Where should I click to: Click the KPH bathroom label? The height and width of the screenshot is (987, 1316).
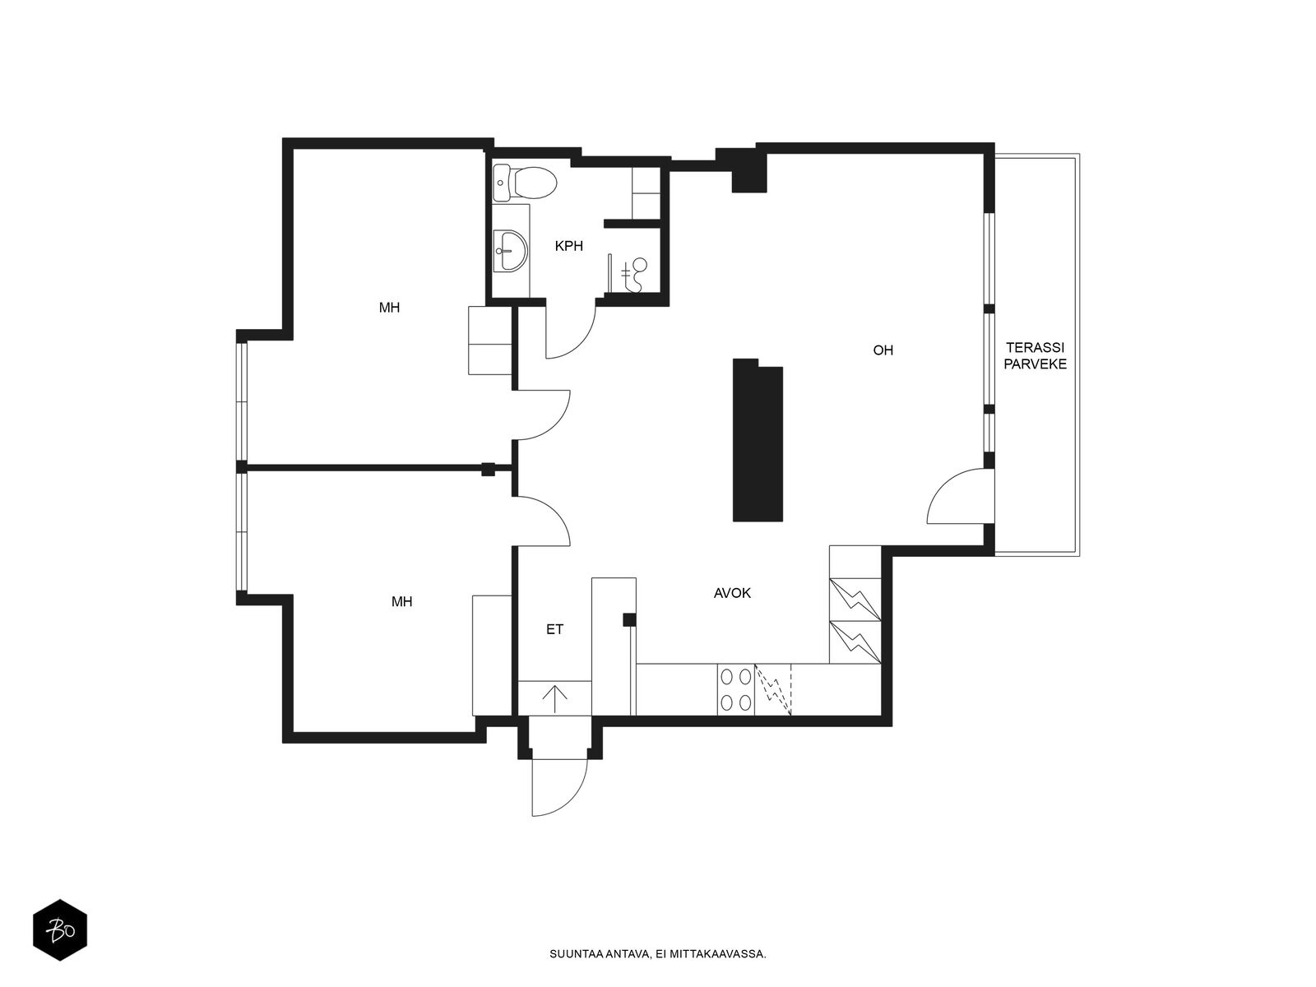coord(568,246)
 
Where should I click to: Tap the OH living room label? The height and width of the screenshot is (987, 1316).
coord(883,350)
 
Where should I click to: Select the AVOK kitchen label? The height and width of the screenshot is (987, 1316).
coord(732,593)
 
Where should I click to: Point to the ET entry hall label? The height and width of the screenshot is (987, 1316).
coord(554,629)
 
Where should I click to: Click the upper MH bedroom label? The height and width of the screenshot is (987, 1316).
coord(389,308)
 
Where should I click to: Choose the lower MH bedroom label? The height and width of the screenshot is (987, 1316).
coord(401,602)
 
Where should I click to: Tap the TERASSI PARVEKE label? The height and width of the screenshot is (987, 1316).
coord(1036,356)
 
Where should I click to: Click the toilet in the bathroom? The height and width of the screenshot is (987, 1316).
coord(526,183)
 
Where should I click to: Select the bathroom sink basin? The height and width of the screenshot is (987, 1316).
coord(510,251)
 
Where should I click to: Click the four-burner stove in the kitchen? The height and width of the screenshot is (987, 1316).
coord(735,689)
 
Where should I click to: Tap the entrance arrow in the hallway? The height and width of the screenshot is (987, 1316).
coord(554,698)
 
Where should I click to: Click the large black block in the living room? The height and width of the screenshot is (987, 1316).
coord(758,441)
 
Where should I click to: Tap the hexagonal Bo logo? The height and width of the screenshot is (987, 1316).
coord(60,930)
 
